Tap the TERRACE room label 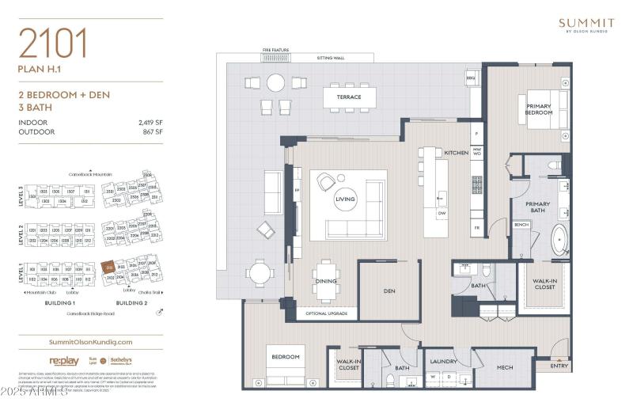coord(349,97)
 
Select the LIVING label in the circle coord(345,199)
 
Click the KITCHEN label coord(456,152)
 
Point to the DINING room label coord(325,281)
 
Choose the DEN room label coord(389,290)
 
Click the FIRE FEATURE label coord(277,50)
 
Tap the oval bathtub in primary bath coord(559,241)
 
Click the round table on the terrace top coord(275,82)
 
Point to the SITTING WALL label coord(331,58)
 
